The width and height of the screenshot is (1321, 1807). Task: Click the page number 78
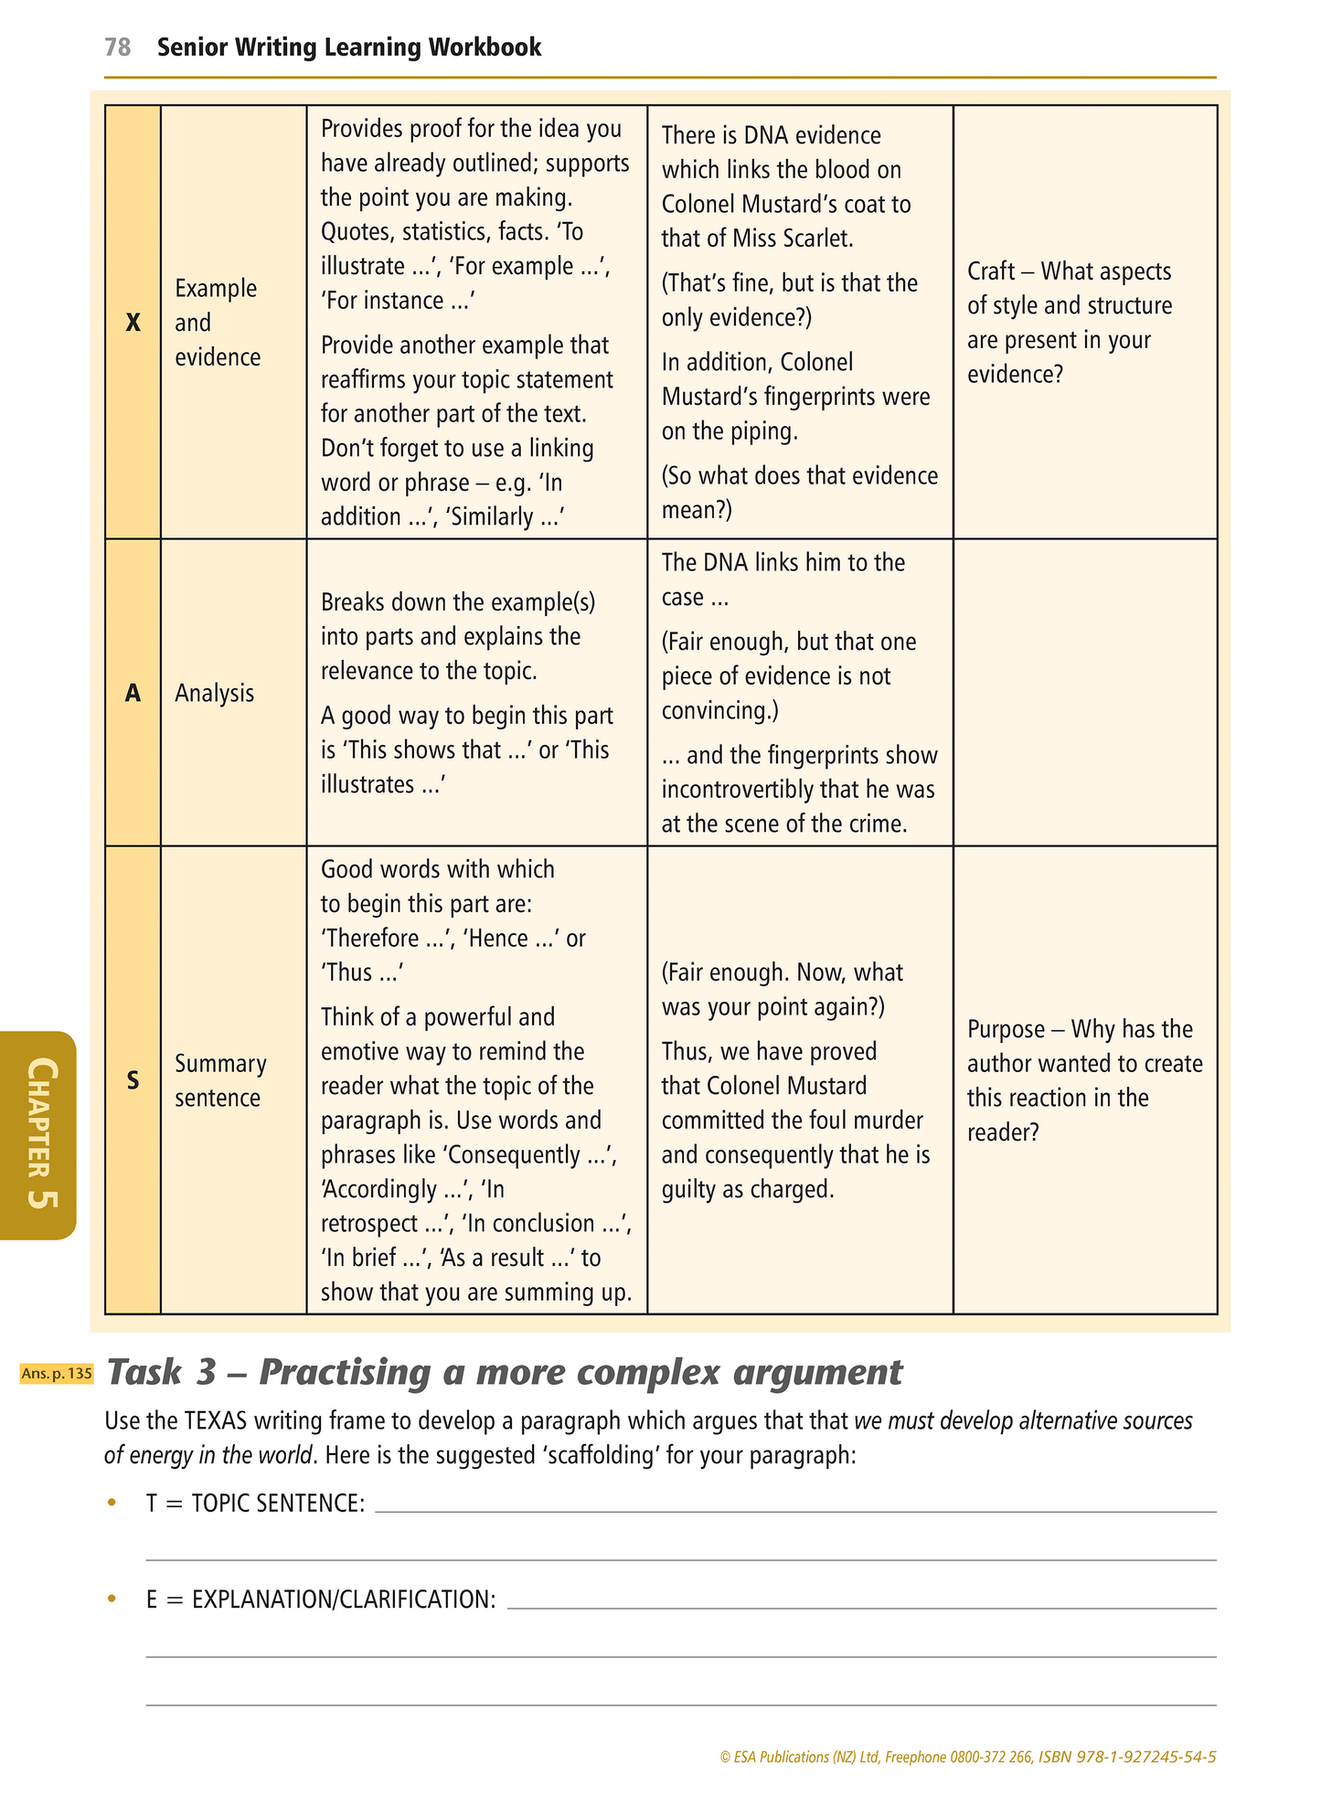(117, 48)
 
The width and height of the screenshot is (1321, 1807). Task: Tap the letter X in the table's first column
(133, 323)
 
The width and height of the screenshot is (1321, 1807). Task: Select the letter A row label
(133, 693)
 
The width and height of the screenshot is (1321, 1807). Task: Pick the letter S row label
(133, 1080)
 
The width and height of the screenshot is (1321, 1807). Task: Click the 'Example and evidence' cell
(218, 323)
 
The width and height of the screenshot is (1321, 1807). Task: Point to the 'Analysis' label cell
(214, 693)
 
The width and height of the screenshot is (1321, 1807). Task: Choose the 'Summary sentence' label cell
(220, 1080)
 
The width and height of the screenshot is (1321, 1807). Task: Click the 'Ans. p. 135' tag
(57, 1373)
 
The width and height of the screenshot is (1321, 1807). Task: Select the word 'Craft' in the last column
(991, 271)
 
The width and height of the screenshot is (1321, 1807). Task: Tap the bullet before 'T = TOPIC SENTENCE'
(112, 1503)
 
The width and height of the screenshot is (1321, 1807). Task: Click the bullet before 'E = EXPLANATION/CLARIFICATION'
(112, 1599)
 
